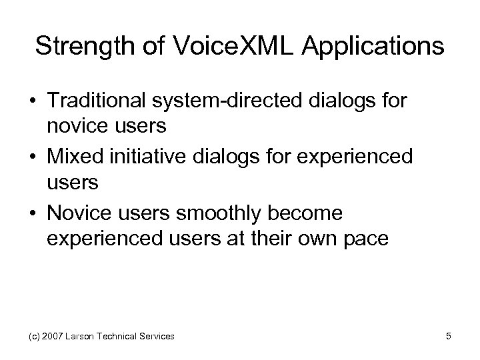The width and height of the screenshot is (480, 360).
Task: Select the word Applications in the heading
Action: [x=377, y=47]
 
